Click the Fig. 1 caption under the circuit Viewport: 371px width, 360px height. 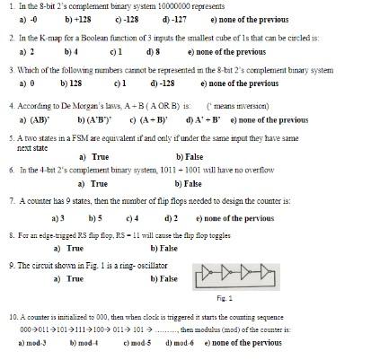[225, 298]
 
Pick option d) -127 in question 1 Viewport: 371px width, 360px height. [174, 18]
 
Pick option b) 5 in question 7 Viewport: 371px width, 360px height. [94, 217]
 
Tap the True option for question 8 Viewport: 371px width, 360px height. [69, 248]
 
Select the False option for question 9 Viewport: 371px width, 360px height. [164, 278]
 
